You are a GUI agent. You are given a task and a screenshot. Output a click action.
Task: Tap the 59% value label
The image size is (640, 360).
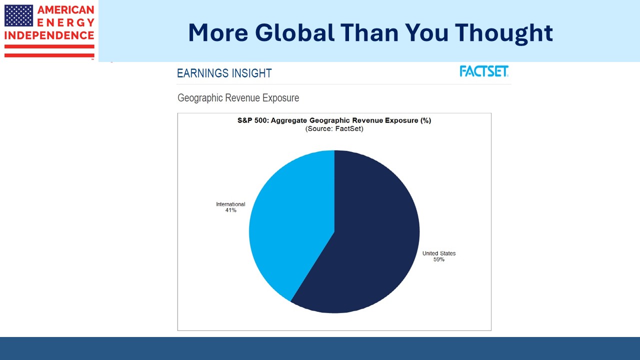(x=439, y=259)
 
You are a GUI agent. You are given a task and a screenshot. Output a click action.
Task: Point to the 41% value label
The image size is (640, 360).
(x=231, y=210)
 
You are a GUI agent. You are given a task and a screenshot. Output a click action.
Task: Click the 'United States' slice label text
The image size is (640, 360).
(x=439, y=253)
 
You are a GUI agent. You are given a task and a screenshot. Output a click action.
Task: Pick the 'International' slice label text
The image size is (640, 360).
(x=230, y=204)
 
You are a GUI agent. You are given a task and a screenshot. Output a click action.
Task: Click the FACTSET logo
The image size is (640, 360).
(x=484, y=71)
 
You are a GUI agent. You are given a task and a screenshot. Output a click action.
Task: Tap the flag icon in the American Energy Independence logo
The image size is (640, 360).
(x=19, y=15)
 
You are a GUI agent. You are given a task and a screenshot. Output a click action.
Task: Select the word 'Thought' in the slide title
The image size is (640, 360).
(x=503, y=33)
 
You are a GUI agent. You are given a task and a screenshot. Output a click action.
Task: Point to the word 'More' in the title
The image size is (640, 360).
(x=218, y=33)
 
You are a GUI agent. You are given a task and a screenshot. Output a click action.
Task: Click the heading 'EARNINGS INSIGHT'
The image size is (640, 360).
(x=224, y=73)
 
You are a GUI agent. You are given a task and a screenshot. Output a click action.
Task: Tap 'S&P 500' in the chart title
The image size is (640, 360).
(x=253, y=120)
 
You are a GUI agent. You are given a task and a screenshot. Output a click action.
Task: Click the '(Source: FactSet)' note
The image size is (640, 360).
(x=334, y=128)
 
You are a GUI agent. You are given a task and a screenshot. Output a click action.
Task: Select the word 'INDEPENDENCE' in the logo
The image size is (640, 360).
(x=49, y=35)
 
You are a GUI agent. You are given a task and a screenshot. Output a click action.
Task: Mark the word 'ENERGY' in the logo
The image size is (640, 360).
(x=65, y=22)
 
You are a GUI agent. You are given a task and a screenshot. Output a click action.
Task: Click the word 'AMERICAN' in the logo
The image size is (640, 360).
(x=65, y=9)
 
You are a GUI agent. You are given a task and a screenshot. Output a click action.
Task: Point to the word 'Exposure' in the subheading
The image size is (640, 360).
(x=280, y=98)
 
